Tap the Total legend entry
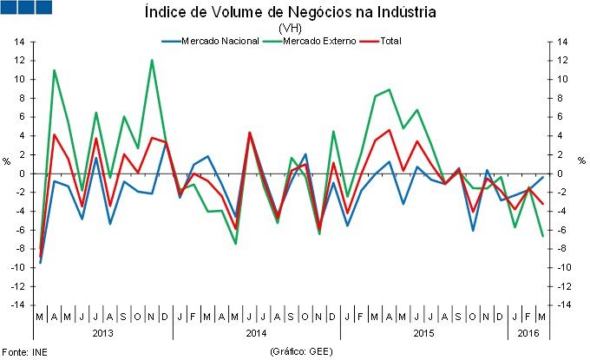pyautogui.click(x=390, y=41)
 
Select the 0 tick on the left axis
pyautogui.click(x=22, y=173)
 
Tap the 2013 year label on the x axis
pyautogui.click(x=102, y=333)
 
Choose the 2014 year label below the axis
pyautogui.click(x=256, y=333)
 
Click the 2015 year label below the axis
pyautogui.click(x=424, y=333)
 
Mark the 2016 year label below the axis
pyautogui.click(x=528, y=333)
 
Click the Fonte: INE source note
pyautogui.click(x=25, y=352)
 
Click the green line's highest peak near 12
pyautogui.click(x=153, y=60)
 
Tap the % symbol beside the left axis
pyautogui.click(x=8, y=160)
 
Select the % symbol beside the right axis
pyautogui.click(x=581, y=160)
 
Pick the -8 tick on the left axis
pyautogui.click(x=20, y=249)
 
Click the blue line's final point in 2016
pyautogui.click(x=543, y=177)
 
